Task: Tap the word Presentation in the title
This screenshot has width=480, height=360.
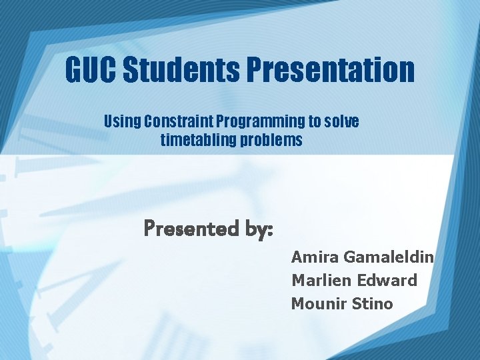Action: pos(331,70)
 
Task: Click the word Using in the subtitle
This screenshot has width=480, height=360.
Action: pos(121,122)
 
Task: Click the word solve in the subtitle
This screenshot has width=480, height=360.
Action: pos(342,122)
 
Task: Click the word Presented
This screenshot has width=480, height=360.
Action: pos(190,229)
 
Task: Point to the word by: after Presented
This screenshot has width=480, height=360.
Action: pos(256,229)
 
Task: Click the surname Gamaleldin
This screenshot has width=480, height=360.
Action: pos(388,257)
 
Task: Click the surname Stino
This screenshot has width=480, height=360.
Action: pos(372,303)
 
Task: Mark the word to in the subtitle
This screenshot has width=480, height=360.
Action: pos(314,122)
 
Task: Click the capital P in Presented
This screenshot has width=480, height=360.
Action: pos(151,229)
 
